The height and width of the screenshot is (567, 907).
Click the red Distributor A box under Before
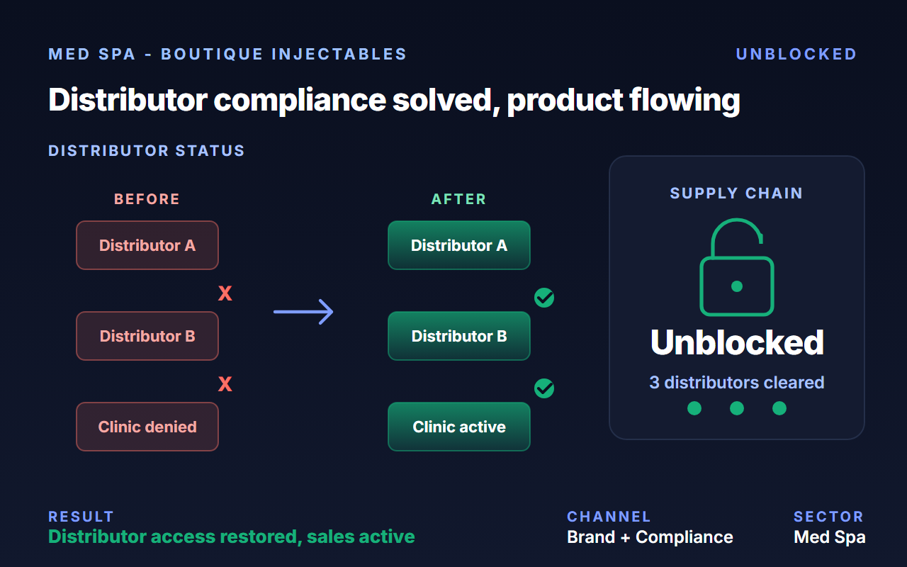point(147,245)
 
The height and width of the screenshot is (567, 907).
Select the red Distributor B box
point(147,336)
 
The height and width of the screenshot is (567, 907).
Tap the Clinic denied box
point(147,427)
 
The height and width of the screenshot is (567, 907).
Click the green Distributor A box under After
point(459,245)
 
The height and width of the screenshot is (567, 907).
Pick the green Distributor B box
point(459,336)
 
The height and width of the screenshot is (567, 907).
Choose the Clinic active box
point(459,427)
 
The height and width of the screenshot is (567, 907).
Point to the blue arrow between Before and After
point(303,312)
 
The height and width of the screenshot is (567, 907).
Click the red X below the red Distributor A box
point(225,293)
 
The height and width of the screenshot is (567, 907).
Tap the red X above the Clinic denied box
point(225,384)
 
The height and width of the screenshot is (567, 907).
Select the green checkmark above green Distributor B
point(544,298)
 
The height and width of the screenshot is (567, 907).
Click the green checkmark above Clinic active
point(544,388)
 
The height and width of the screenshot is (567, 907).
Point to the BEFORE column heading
point(147,199)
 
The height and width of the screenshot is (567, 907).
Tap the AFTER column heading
point(458,199)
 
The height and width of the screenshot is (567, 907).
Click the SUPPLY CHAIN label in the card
point(736,193)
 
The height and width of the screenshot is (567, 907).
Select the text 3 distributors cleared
point(737,382)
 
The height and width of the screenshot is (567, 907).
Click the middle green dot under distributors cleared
point(737,408)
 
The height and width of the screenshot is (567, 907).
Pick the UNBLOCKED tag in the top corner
point(796,55)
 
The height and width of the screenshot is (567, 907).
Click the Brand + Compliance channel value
point(650,537)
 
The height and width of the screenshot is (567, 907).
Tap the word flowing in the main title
point(685,101)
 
